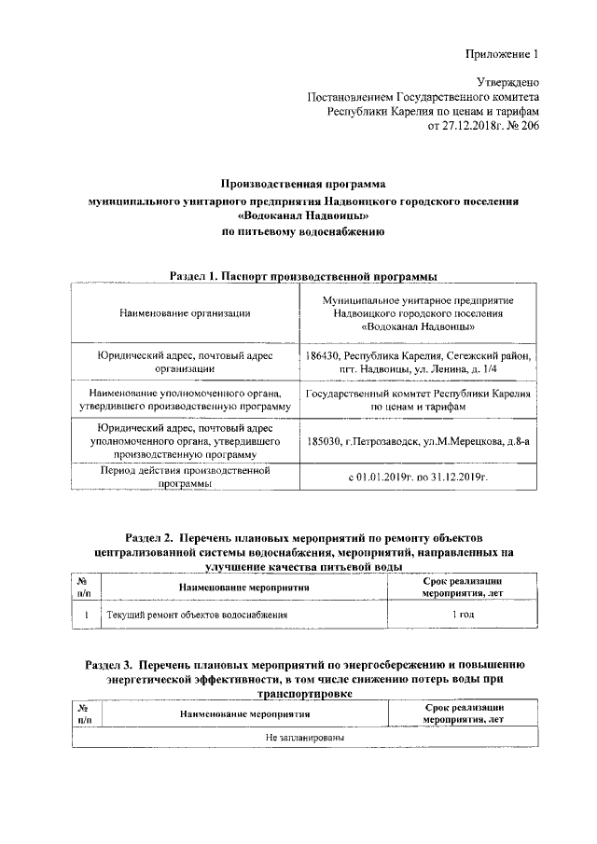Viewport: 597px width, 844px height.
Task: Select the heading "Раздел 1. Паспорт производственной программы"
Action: (x=303, y=276)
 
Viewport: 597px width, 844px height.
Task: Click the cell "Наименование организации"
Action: (x=185, y=313)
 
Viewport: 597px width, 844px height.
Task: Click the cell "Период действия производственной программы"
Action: (x=185, y=477)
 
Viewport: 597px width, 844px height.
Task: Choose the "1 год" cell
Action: (x=462, y=616)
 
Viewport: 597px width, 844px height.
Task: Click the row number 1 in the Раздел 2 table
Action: (x=86, y=616)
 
